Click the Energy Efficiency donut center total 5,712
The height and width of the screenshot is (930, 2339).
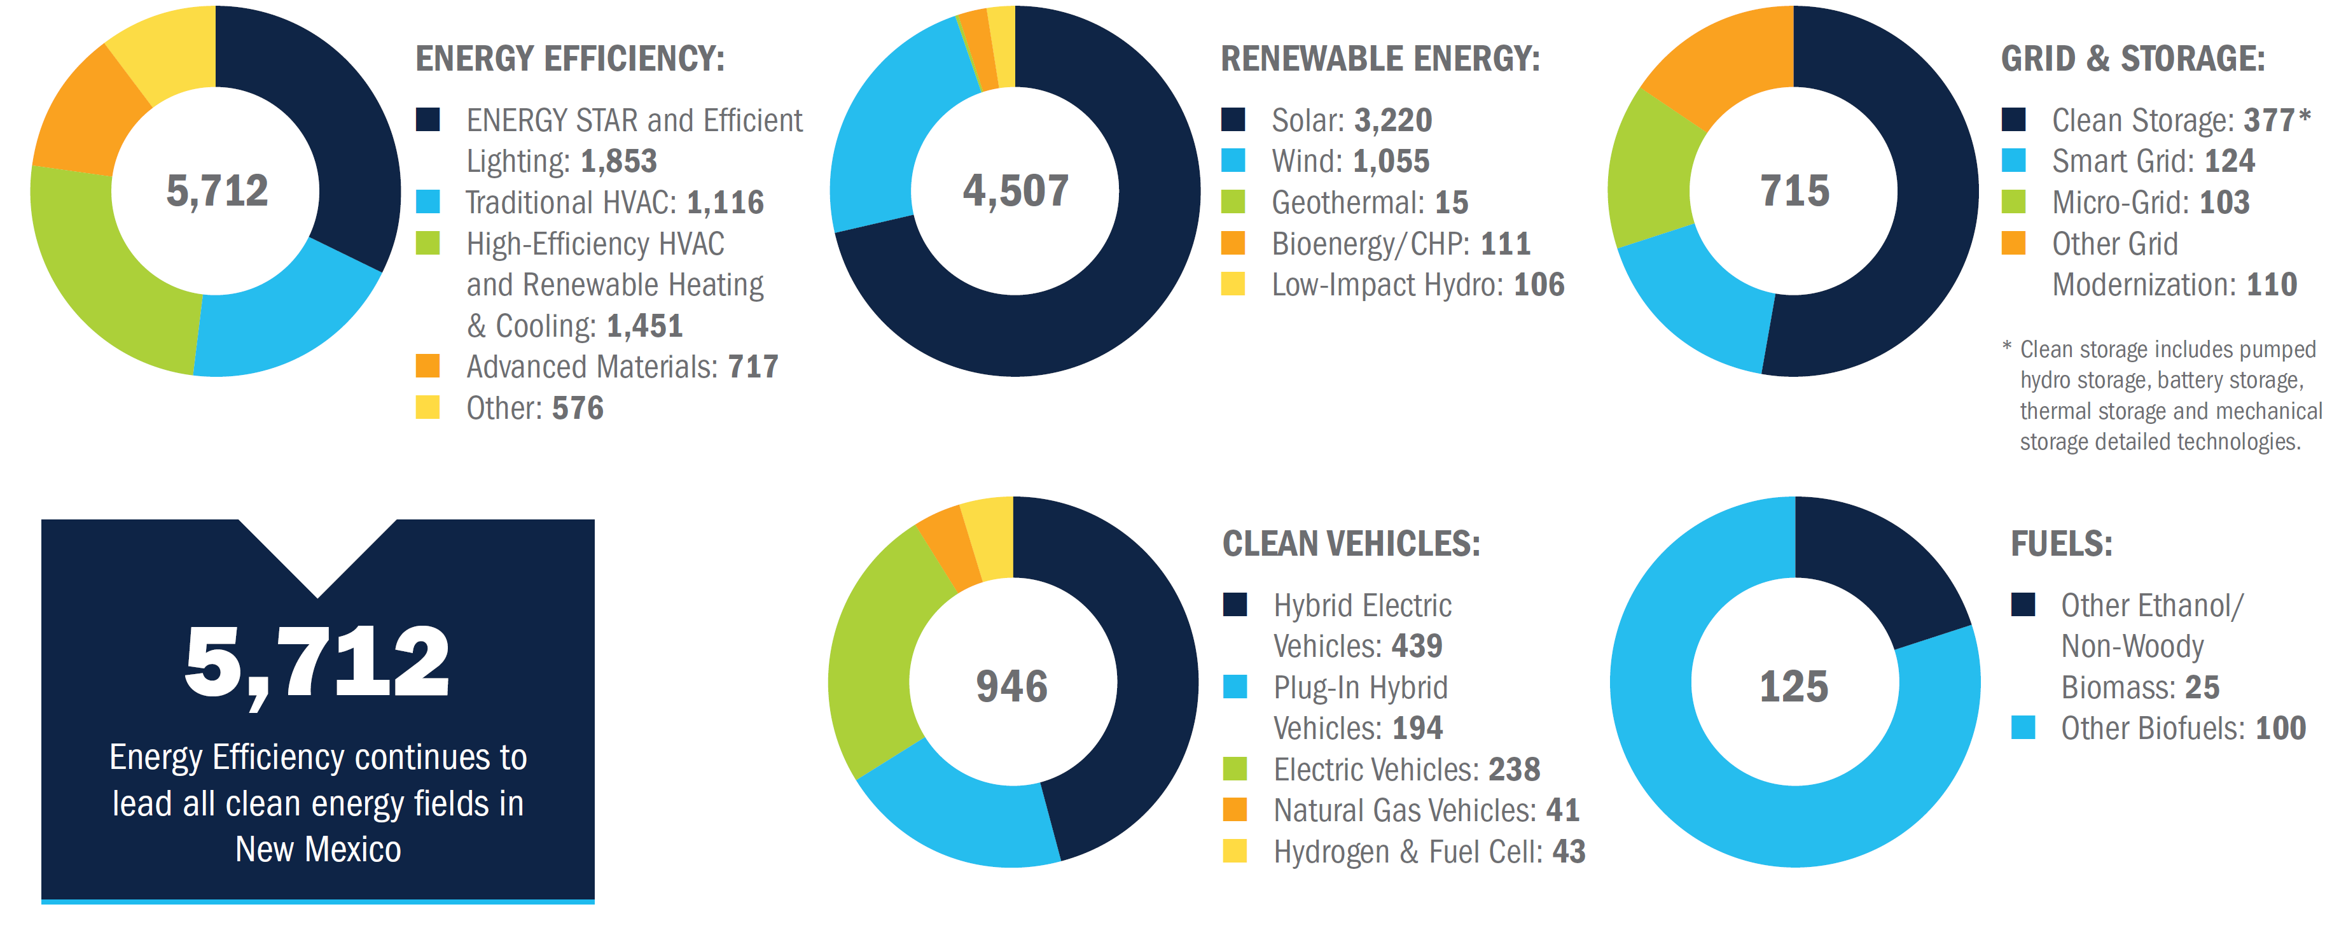click(217, 191)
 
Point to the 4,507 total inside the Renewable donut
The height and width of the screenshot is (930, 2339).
click(1015, 191)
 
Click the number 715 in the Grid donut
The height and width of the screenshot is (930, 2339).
click(1794, 191)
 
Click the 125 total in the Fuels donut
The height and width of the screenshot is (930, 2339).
click(1794, 687)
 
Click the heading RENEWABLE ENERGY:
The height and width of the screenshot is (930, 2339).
click(1380, 59)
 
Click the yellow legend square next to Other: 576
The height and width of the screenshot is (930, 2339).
click(427, 407)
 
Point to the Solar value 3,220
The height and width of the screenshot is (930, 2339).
click(1393, 120)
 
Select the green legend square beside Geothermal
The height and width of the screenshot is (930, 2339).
click(1233, 202)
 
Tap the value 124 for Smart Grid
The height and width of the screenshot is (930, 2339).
click(2229, 161)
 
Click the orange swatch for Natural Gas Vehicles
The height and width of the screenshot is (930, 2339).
click(1235, 809)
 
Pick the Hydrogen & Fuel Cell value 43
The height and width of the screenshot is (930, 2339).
click(1568, 851)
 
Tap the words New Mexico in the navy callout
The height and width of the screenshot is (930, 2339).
click(318, 849)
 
